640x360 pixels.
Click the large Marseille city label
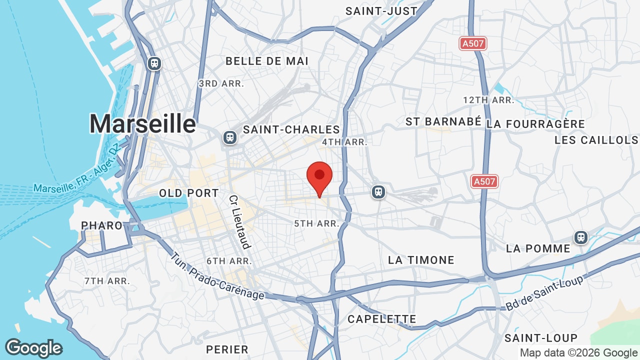tap(142, 123)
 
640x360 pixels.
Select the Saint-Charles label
tap(291, 130)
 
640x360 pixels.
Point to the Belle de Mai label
tap(267, 61)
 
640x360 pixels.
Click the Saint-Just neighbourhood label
tap(381, 11)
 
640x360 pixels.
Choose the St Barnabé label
tap(443, 121)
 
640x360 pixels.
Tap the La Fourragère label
tap(535, 124)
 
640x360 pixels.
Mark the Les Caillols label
tap(596, 140)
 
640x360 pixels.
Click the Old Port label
tap(189, 193)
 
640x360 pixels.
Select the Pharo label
tap(102, 225)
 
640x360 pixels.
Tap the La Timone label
tap(421, 260)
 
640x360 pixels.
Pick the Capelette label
tap(381, 319)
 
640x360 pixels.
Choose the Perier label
tap(227, 349)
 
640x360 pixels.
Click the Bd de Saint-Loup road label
tap(544, 293)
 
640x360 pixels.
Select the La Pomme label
tap(538, 248)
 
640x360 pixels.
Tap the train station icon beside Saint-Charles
tap(229, 137)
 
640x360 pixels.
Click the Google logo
tap(33, 348)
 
